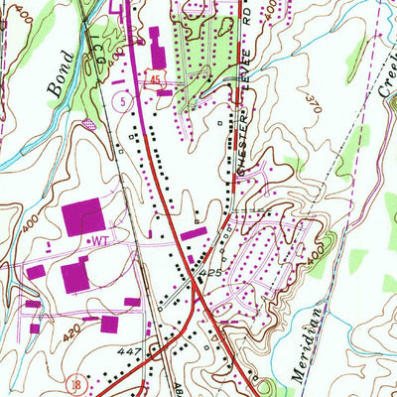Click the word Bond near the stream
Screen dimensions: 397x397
pos(58,83)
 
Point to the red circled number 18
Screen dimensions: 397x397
pos(72,382)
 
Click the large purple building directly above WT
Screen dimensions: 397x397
pos(83,215)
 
